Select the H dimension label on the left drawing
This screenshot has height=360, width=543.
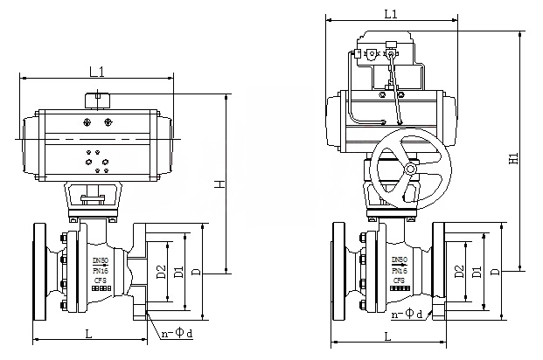[222, 183]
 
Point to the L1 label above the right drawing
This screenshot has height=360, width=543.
[391, 14]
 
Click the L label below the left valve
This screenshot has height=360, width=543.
[89, 333]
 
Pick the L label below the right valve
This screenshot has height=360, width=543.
[387, 336]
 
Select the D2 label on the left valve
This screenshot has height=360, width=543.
[161, 271]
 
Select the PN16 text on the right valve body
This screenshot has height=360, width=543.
[400, 270]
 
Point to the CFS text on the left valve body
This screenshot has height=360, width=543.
[101, 280]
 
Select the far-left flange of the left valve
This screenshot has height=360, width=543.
[38, 271]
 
